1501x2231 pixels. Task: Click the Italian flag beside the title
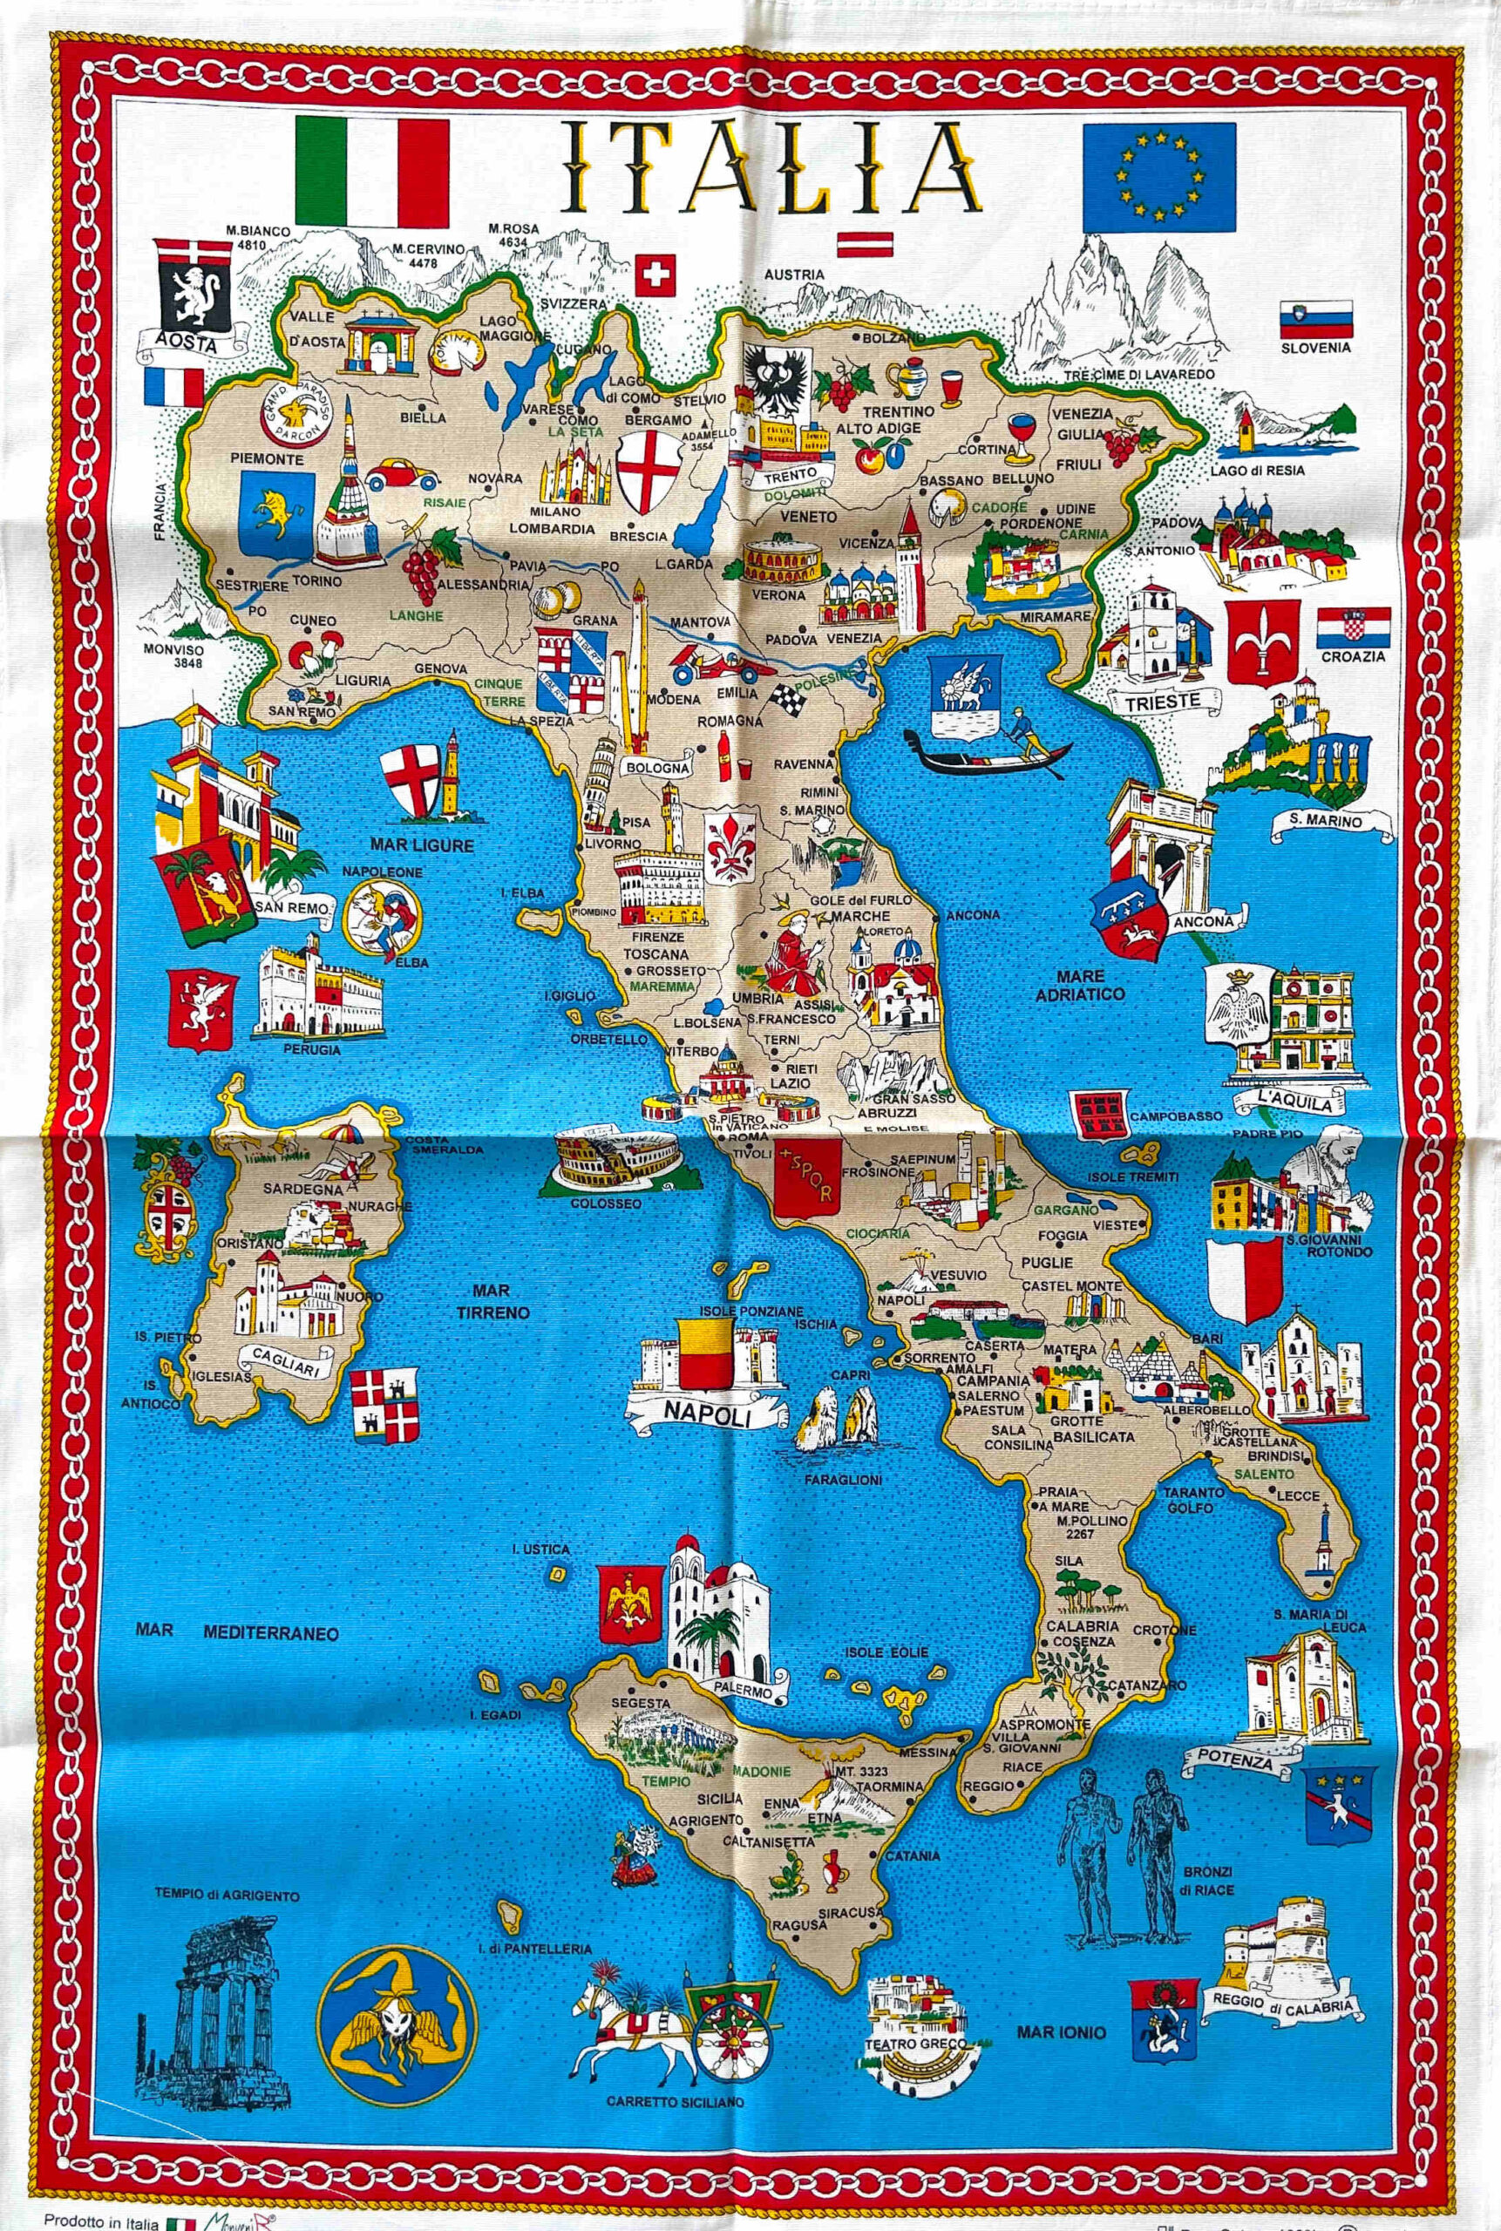[372, 172]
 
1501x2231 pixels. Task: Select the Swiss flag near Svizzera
[655, 275]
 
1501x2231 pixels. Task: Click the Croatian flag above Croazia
[1354, 627]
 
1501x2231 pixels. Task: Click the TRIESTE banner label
[1161, 701]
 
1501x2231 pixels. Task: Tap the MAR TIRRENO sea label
[492, 1302]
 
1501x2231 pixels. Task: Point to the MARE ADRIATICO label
[1080, 985]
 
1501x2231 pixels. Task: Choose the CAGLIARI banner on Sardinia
[285, 1364]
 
